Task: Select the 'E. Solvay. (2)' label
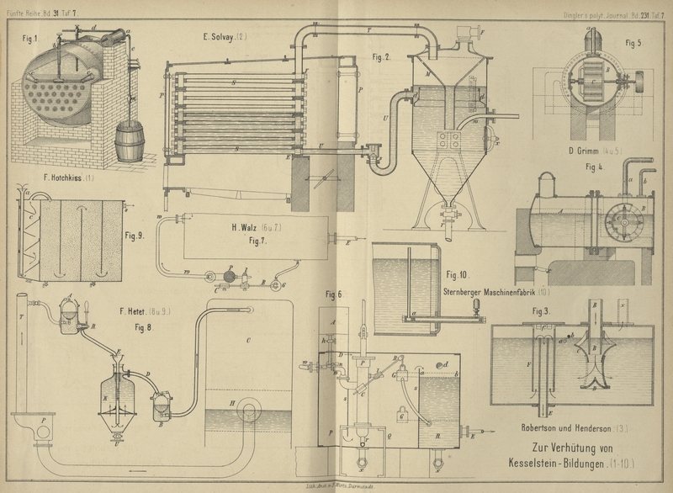225,36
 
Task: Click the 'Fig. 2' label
382,57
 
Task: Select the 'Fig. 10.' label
458,275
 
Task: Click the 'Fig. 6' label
334,294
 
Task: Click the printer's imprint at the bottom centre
336,485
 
